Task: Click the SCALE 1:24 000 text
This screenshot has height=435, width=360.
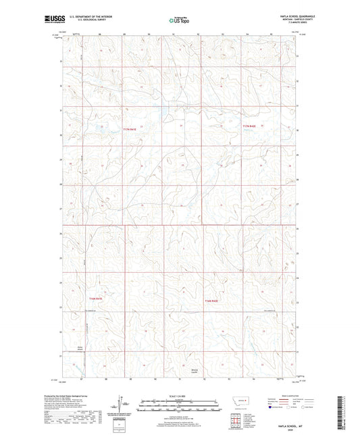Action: tap(180, 396)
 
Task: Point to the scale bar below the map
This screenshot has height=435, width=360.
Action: tap(180, 407)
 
